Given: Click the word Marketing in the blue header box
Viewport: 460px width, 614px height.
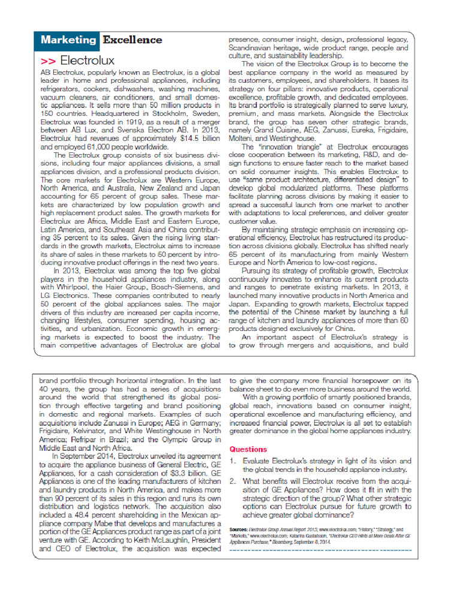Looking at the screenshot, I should coord(68,40).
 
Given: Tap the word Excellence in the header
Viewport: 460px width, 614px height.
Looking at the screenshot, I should coord(132,40).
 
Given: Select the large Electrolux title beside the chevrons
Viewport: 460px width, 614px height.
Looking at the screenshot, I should coord(87,61).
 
